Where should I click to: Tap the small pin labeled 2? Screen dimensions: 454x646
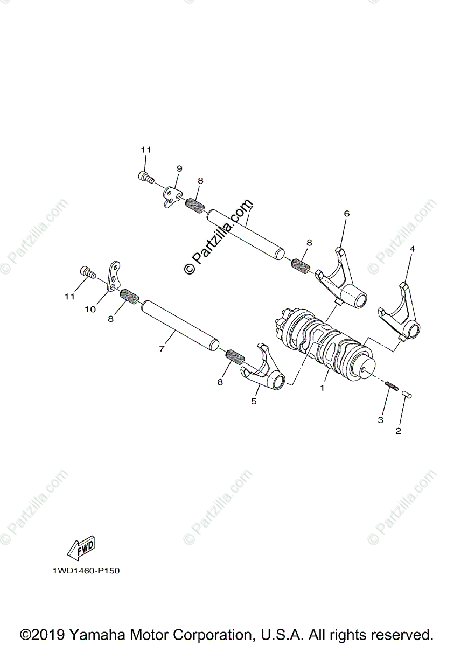tap(408, 396)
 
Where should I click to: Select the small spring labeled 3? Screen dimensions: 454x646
tap(392, 386)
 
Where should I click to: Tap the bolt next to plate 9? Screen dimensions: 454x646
tap(146, 176)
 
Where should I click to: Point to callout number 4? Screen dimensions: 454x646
tap(412, 249)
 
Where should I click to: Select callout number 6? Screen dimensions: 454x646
tap(346, 214)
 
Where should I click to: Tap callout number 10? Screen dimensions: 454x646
tap(89, 309)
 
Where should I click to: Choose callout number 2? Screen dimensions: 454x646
tap(399, 431)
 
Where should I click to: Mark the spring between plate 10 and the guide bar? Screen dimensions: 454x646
tap(129, 296)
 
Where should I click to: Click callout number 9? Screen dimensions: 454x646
tap(179, 168)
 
